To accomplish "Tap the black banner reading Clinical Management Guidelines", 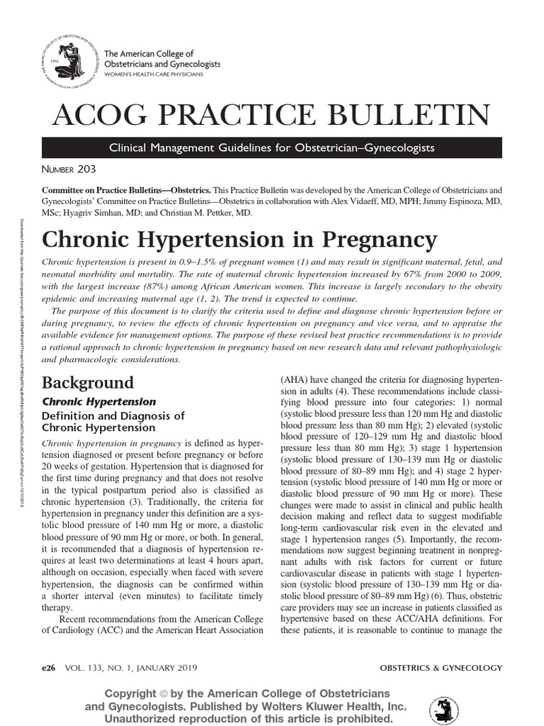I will coord(272,147).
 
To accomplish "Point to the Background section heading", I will coord(88,383).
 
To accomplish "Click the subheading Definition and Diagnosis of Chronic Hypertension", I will coord(113,421).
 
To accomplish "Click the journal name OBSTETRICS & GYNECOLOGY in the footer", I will coord(441,668).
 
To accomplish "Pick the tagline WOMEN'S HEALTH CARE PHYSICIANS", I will coord(154,74).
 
